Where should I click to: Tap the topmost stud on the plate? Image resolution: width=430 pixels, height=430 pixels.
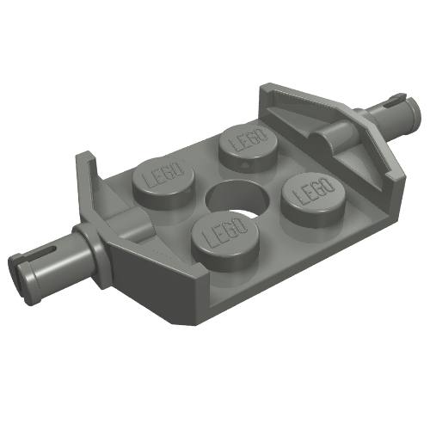coord(248,149)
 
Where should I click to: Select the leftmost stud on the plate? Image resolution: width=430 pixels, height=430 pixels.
coord(163,183)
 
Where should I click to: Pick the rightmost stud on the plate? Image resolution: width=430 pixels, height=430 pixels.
coord(313,200)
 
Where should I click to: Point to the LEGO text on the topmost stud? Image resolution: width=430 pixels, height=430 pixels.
coord(248,139)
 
